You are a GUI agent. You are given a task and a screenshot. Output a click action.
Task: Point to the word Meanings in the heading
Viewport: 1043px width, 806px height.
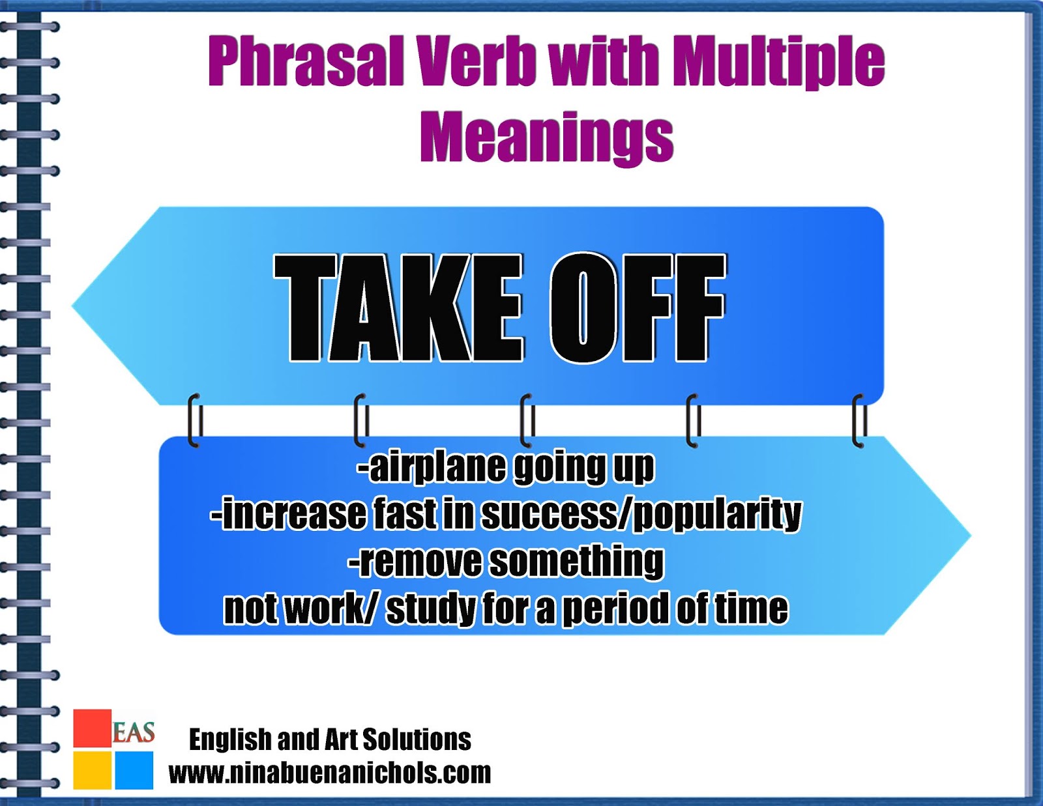click(x=547, y=137)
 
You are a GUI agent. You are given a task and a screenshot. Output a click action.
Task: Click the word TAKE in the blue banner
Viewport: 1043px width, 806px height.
click(x=398, y=308)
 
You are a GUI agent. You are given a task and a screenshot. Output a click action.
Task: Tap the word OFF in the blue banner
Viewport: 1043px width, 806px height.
click(x=638, y=308)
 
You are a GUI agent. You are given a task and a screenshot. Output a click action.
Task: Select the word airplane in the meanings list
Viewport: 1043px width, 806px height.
click(x=436, y=467)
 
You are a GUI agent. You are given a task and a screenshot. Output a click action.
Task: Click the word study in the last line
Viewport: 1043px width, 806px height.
click(x=430, y=609)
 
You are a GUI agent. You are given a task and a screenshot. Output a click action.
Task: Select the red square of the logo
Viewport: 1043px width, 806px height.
click(x=92, y=728)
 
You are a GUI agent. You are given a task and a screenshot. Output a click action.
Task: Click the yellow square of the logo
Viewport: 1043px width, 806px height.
click(x=92, y=770)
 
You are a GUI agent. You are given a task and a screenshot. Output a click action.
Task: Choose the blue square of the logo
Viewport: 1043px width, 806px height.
click(x=134, y=770)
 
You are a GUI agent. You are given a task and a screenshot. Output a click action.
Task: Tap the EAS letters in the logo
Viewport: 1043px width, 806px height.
click(x=134, y=732)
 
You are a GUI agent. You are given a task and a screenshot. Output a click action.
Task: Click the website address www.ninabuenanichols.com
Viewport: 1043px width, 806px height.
click(x=329, y=773)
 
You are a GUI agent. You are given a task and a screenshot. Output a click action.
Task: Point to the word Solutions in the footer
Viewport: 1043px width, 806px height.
click(x=417, y=740)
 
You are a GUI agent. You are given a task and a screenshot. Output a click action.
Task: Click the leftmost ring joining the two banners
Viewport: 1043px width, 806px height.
click(x=194, y=421)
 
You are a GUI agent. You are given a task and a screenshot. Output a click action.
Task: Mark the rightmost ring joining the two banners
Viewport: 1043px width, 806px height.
click(x=859, y=421)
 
